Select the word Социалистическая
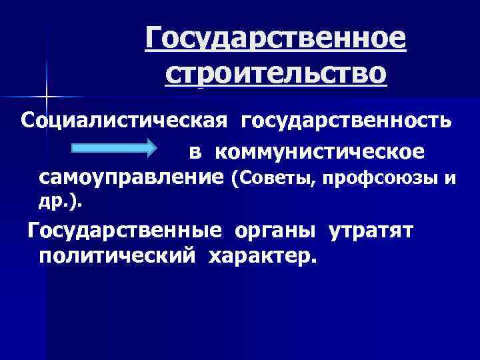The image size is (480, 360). (125, 122)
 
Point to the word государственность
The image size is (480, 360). (346, 122)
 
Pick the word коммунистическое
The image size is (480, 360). (319, 152)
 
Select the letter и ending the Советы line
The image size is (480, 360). (451, 179)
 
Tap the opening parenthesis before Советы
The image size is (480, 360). (233, 179)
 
